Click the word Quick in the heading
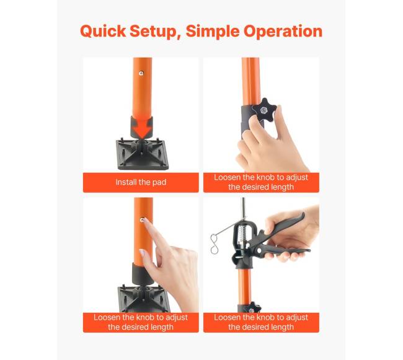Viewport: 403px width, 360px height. (x=103, y=32)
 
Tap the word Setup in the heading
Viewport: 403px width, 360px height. (x=156, y=32)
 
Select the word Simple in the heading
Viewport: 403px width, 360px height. (x=213, y=32)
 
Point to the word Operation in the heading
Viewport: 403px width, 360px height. (x=283, y=32)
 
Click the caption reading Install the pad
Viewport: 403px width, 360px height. (x=141, y=182)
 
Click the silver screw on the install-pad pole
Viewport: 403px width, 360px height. (x=141, y=73)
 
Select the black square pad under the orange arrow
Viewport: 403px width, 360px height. (x=143, y=154)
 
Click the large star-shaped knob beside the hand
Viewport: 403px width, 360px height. (x=264, y=110)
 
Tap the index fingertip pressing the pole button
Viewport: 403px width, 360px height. (x=146, y=221)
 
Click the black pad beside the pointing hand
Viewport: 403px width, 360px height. (x=143, y=299)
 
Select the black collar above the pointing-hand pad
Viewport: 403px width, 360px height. (x=143, y=273)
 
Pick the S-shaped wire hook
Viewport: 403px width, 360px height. (x=214, y=244)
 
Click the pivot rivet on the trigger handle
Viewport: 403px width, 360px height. (x=259, y=250)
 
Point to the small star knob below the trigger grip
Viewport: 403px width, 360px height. (x=252, y=308)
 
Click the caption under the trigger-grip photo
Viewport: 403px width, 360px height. (x=261, y=322)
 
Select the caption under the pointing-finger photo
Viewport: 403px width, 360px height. (x=141, y=322)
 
